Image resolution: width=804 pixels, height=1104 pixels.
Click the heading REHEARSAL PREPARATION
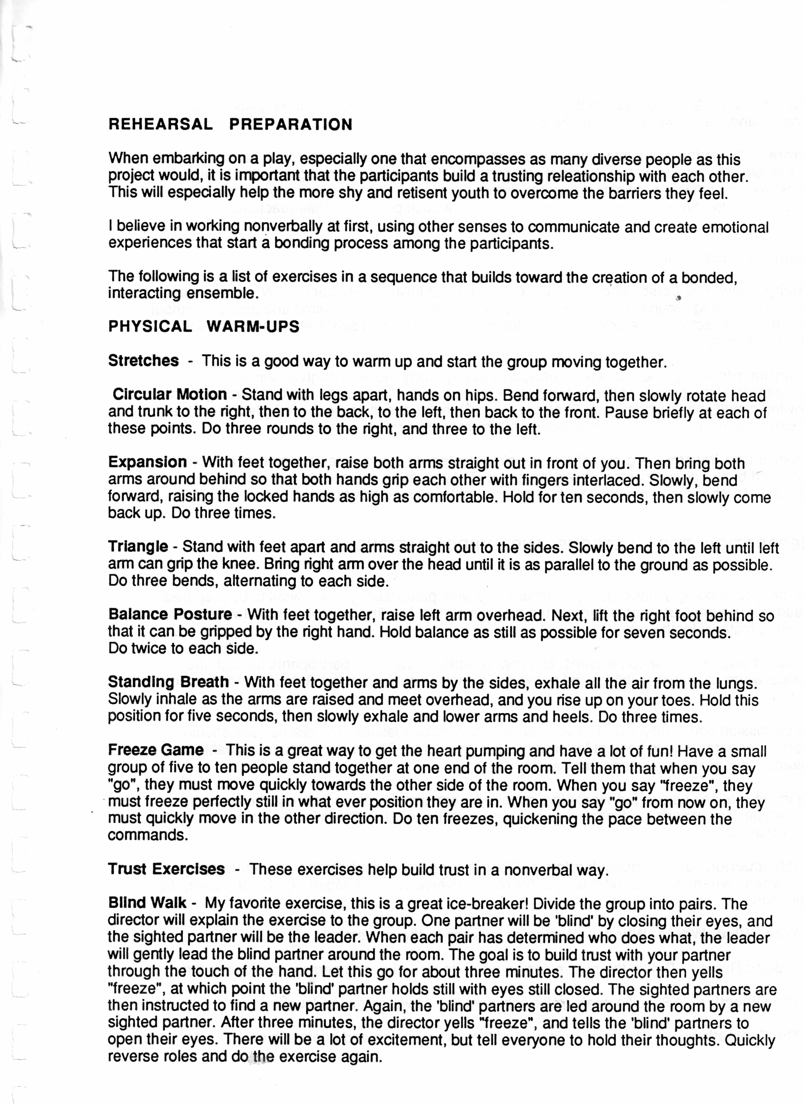(230, 125)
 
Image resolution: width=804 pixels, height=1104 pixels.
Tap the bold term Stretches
(143, 361)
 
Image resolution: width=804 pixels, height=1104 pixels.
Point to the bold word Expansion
(147, 462)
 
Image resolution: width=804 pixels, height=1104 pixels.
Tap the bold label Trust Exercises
(166, 869)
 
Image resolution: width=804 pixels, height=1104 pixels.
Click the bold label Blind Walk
(147, 903)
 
